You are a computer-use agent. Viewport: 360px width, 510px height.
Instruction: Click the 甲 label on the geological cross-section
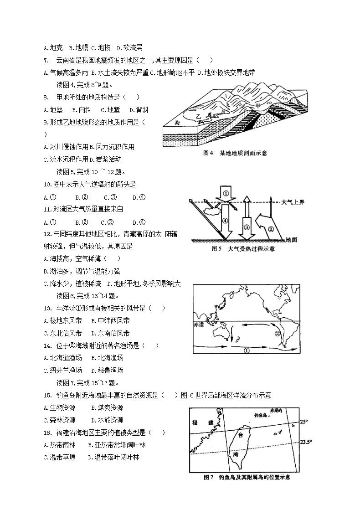click(x=258, y=106)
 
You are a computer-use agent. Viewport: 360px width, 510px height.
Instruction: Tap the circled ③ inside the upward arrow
click(x=247, y=227)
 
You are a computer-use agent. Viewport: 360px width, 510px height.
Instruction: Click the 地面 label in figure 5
click(x=291, y=239)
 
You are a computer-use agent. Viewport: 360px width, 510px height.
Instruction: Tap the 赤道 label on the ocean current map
click(x=199, y=325)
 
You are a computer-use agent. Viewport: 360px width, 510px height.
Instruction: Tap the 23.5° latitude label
click(x=305, y=442)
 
